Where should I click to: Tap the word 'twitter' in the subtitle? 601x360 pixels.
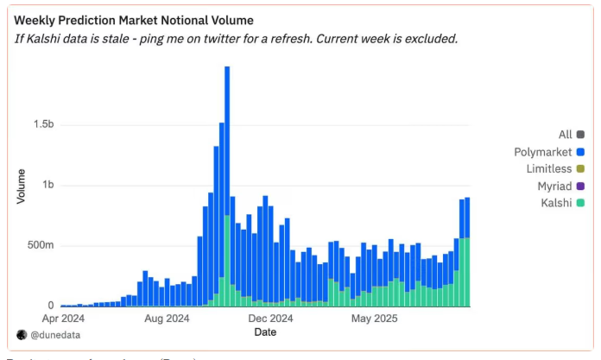(256, 39)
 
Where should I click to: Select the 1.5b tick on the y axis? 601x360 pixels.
(42, 124)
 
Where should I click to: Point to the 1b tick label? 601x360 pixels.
(47, 185)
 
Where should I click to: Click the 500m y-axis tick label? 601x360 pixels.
(40, 245)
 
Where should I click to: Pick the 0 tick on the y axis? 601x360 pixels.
(51, 306)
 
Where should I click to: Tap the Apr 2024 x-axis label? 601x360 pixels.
(61, 319)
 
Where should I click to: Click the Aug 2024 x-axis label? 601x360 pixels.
(168, 319)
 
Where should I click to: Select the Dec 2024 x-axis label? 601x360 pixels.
(273, 319)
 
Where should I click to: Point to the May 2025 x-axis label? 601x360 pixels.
(374, 319)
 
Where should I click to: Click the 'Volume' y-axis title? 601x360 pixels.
(21, 186)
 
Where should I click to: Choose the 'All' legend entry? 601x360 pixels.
(566, 134)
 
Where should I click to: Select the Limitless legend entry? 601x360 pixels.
(555, 168)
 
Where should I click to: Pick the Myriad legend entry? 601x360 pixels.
(558, 186)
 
